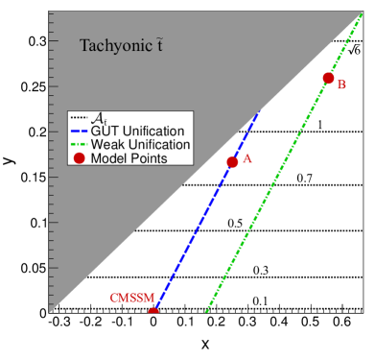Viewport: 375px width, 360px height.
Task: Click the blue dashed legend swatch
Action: click(x=79, y=131)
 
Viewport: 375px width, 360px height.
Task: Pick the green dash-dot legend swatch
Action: click(x=79, y=144)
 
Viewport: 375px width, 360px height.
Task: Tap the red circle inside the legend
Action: click(x=79, y=157)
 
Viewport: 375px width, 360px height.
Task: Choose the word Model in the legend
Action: click(x=108, y=157)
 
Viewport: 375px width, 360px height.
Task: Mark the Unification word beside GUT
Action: click(x=153, y=131)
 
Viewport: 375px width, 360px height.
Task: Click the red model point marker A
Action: click(x=232, y=162)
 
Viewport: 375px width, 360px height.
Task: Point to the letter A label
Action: click(x=246, y=159)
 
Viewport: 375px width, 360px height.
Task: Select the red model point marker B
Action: click(x=328, y=78)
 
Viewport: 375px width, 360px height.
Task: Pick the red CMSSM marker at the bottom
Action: click(x=153, y=311)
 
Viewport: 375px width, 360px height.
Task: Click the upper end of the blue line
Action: click(x=259, y=112)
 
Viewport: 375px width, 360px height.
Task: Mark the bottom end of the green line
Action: click(x=207, y=310)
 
